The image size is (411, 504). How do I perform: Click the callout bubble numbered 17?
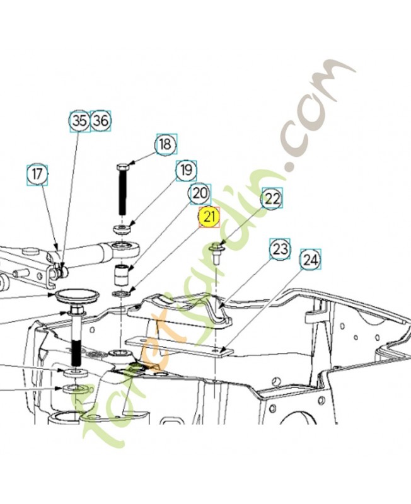point(37,175)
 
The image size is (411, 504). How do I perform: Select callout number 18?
point(166,144)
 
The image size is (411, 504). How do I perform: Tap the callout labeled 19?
point(186,169)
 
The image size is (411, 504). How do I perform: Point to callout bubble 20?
point(200,194)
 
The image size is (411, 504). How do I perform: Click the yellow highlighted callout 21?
point(209,217)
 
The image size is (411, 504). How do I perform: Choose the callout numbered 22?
point(272,198)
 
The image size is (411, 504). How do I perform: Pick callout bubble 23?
point(280,249)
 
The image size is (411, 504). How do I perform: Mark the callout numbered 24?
point(310,259)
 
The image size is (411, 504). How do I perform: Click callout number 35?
point(80,121)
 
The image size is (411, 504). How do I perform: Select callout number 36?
point(101,121)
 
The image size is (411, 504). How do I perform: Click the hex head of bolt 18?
point(122,167)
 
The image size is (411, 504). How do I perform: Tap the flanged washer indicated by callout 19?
point(122,229)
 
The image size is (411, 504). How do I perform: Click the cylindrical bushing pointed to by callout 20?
point(122,275)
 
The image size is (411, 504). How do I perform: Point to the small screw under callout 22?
point(216,254)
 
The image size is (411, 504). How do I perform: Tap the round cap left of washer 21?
point(77,295)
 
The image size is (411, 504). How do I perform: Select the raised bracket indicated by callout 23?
point(180,309)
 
